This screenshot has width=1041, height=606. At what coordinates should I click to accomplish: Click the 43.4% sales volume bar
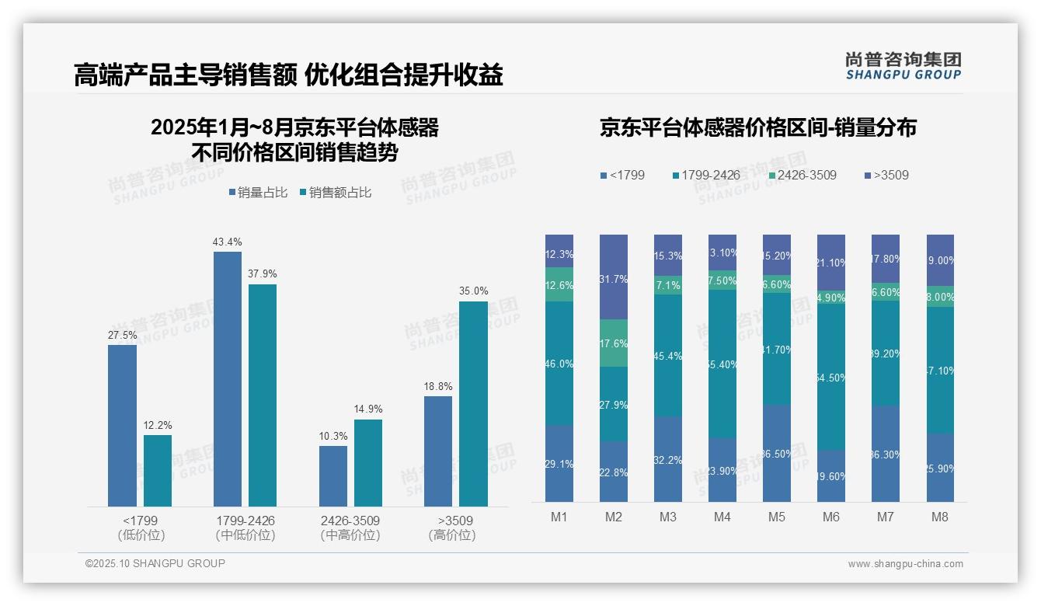click(x=227, y=378)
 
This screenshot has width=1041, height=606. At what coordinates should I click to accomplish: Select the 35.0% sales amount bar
click(x=473, y=403)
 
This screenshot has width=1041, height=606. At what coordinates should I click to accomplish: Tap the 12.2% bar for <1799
click(x=158, y=470)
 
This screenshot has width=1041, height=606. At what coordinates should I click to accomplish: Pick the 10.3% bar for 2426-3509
click(x=333, y=475)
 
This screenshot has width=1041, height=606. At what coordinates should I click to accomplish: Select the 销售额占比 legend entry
click(x=335, y=193)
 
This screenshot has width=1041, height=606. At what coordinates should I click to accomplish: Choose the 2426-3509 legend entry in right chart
click(x=803, y=175)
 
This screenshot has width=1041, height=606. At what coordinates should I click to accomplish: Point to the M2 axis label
click(x=614, y=517)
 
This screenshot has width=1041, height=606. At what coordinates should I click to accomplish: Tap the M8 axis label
click(x=940, y=517)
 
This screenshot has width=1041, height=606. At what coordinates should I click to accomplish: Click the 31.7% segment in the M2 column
click(x=614, y=277)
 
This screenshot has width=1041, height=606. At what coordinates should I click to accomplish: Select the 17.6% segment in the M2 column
click(x=614, y=343)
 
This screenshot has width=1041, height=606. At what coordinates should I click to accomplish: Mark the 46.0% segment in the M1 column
click(x=559, y=363)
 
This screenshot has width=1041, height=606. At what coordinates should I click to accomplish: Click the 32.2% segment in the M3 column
click(x=668, y=459)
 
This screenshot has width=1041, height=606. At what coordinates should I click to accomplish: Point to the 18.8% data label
click(x=438, y=386)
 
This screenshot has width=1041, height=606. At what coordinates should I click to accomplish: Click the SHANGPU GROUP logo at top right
click(x=903, y=66)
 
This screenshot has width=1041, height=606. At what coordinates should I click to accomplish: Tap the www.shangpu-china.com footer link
click(x=905, y=564)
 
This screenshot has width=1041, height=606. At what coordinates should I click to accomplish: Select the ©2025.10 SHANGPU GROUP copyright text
click(x=155, y=563)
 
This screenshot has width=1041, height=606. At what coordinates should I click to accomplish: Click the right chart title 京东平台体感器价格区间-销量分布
click(x=757, y=127)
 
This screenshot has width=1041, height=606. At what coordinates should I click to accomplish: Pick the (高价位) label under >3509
click(x=451, y=535)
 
